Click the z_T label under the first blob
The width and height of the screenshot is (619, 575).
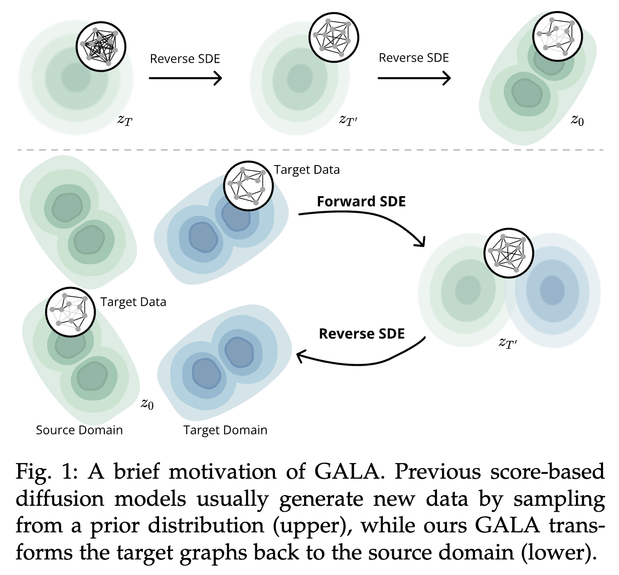(x=124, y=120)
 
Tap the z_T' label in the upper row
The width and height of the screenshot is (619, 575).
(x=348, y=120)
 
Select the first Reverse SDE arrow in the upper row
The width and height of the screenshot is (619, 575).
(x=185, y=78)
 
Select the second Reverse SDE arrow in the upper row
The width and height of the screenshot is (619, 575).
(x=414, y=78)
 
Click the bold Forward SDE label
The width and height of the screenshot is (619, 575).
(x=361, y=201)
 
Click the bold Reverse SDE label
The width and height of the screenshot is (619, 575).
(x=362, y=334)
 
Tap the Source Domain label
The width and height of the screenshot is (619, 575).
(x=79, y=430)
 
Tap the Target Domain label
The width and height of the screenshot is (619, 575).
(x=225, y=430)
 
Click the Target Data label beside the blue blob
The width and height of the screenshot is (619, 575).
(x=306, y=170)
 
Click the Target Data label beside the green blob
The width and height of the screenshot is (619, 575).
(x=133, y=302)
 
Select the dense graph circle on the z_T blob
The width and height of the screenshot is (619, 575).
(x=101, y=47)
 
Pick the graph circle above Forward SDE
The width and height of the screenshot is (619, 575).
(x=248, y=186)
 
